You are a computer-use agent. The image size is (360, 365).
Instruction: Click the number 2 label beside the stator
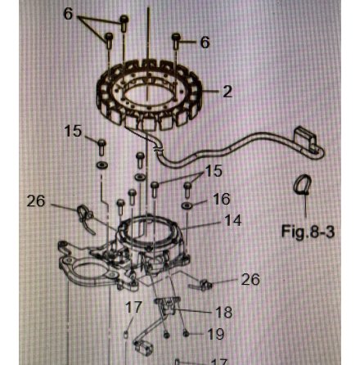coord(227,92)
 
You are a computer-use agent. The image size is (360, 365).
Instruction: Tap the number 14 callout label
coord(232,220)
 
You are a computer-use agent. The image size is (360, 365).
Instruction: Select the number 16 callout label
coord(221,199)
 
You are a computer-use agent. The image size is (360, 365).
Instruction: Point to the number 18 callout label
coord(223,312)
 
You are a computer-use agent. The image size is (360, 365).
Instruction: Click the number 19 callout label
coord(215,334)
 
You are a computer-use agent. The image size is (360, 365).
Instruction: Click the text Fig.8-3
coord(308,232)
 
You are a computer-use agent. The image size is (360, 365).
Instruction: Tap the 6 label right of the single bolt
coord(204,42)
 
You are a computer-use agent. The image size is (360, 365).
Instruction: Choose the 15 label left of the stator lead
coord(73,130)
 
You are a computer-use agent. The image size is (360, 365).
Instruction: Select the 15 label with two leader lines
coord(214,171)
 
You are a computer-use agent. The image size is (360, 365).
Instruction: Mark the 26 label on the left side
coord(36,200)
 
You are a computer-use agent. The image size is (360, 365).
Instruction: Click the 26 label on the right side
coord(250,280)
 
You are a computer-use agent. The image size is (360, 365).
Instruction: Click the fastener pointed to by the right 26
coord(205,284)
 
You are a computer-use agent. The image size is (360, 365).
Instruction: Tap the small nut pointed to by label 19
coord(187,334)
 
